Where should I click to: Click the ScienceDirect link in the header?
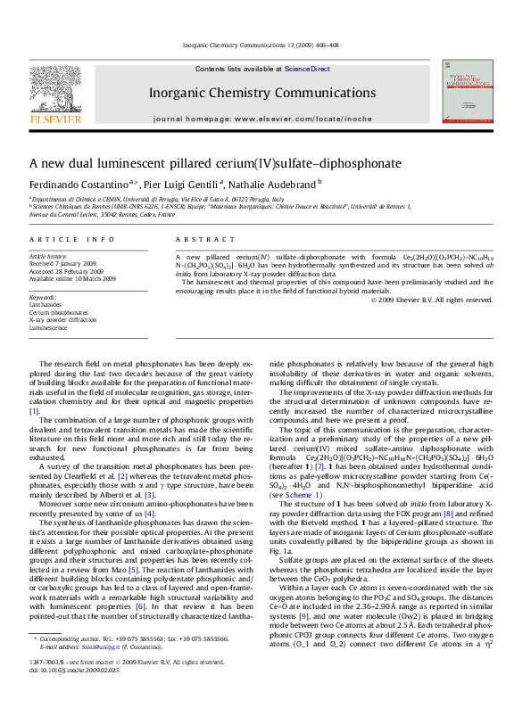tap(307, 69)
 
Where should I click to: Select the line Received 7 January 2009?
tap(66, 265)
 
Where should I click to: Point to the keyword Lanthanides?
tap(46, 304)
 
